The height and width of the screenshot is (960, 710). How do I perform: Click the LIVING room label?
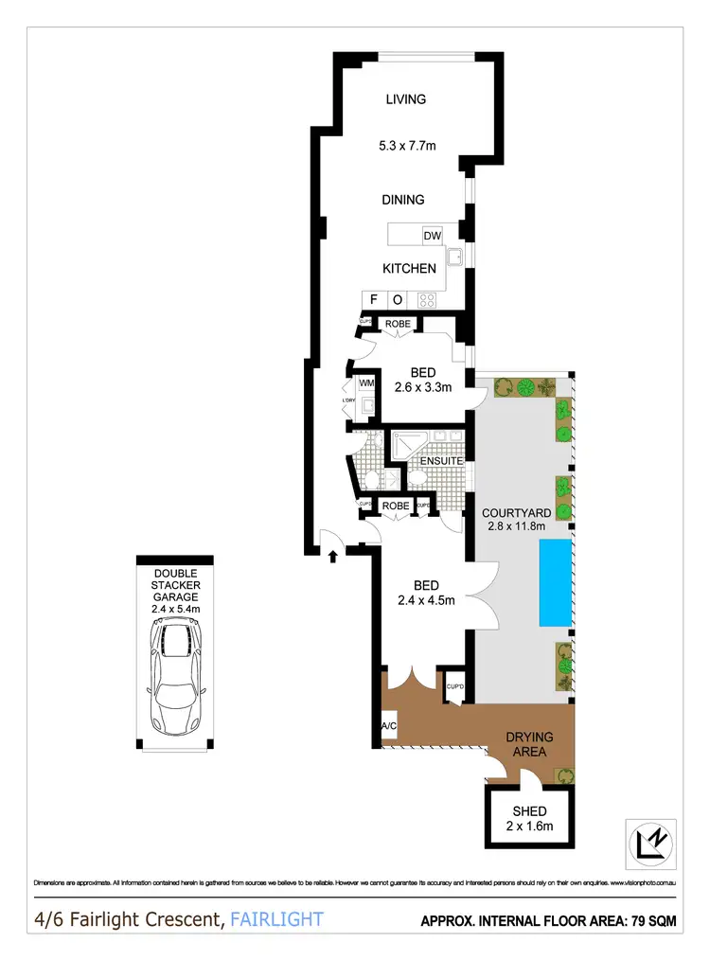[x=405, y=99]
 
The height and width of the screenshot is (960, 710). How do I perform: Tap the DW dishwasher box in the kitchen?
[x=432, y=236]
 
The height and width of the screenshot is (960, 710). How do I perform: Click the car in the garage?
[x=173, y=674]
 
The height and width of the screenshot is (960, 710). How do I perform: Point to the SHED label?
[x=529, y=811]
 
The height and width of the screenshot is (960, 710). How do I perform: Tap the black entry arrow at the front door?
[x=332, y=556]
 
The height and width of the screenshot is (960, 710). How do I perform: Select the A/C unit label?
[x=387, y=726]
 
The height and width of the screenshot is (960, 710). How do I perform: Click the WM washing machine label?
[x=366, y=383]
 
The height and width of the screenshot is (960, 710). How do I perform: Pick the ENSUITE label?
[x=442, y=461]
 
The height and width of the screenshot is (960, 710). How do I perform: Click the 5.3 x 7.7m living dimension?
[x=405, y=146]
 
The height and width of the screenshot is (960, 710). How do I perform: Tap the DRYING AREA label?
[x=529, y=744]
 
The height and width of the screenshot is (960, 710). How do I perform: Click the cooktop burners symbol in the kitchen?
[x=426, y=300]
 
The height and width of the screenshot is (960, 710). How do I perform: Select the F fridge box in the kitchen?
[x=373, y=300]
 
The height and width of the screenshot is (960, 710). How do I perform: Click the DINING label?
[x=403, y=200]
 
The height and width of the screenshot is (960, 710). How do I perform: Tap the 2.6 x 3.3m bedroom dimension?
[x=422, y=387]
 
